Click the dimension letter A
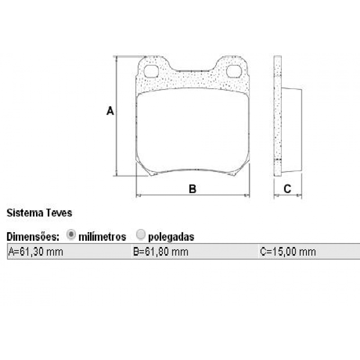tap(110, 111)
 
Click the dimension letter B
tap(192, 189)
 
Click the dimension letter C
tap(288, 189)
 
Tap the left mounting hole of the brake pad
tap(152, 71)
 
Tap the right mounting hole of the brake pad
tap(234, 71)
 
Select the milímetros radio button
tap(71, 234)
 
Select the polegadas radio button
tap(141, 234)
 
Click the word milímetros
tap(102, 236)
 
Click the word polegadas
tap(171, 236)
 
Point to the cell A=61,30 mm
tap(36, 252)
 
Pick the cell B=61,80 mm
tap(161, 252)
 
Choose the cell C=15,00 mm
tap(288, 252)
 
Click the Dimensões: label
tap(33, 236)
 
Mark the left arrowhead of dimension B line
tap(138, 195)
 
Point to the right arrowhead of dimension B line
tap(247, 195)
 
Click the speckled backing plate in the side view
tap(278, 112)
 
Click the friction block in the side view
tap(291, 128)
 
